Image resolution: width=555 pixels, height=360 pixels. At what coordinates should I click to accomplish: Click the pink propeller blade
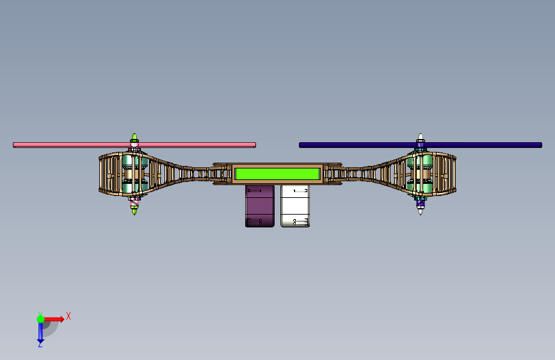click(134, 145)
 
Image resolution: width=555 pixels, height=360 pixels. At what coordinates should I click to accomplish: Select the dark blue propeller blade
click(421, 145)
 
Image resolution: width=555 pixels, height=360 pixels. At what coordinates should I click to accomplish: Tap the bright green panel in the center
click(278, 174)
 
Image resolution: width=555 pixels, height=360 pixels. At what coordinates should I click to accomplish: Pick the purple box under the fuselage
click(260, 206)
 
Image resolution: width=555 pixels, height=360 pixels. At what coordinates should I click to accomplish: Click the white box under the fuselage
click(295, 206)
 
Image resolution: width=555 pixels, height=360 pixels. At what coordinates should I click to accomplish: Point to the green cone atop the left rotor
click(134, 137)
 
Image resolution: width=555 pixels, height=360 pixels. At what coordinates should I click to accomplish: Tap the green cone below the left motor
click(134, 211)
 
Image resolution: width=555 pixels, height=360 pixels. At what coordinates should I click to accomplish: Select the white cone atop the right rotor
click(421, 137)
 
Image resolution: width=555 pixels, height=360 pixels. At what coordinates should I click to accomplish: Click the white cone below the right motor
click(421, 211)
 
